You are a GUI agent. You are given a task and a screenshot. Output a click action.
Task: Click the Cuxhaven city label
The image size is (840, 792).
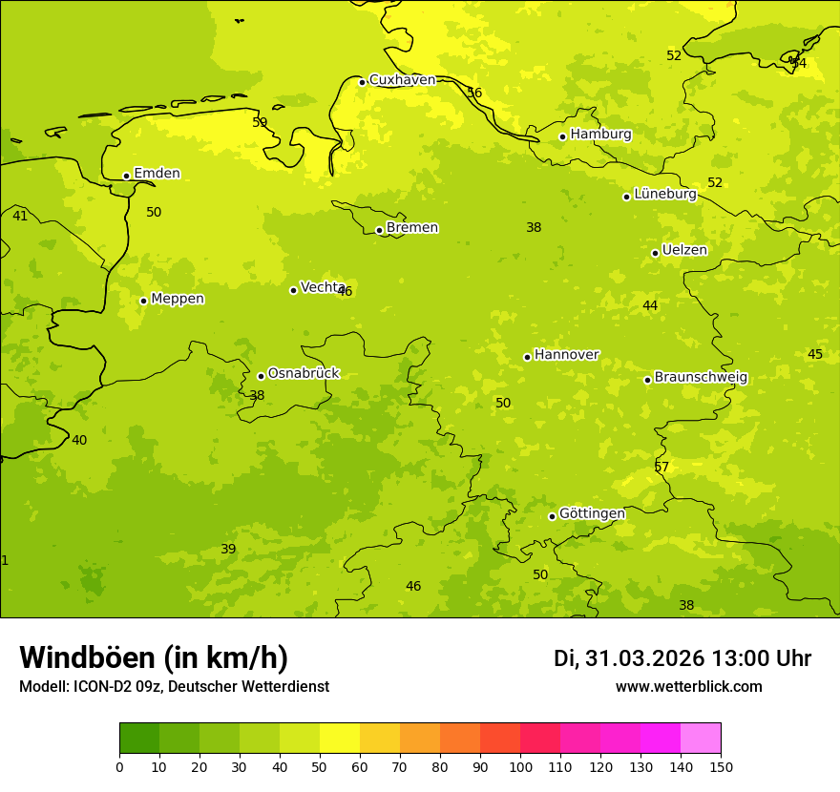(402, 80)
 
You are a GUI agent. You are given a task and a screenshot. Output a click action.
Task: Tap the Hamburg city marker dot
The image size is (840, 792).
(563, 136)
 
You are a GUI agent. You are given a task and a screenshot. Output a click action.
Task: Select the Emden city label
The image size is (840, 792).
(157, 174)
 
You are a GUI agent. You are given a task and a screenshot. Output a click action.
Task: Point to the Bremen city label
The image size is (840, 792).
(412, 228)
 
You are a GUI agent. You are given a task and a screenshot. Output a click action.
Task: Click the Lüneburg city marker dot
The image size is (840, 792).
(627, 197)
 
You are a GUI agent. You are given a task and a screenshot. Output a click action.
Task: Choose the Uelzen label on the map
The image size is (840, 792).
(684, 251)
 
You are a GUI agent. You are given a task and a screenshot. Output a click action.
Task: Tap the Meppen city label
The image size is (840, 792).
(178, 299)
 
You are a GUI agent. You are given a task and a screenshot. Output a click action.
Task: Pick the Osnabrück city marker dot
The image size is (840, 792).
(261, 376)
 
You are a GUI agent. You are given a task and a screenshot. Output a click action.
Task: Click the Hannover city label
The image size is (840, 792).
(566, 355)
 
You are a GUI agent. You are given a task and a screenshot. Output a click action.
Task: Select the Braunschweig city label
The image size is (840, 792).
(701, 378)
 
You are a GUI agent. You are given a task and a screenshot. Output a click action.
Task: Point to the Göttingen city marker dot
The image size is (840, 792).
(552, 516)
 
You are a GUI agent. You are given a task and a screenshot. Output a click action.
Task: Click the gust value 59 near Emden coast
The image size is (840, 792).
(260, 122)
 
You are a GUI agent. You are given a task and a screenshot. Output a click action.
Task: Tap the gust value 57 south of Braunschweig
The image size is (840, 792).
(661, 467)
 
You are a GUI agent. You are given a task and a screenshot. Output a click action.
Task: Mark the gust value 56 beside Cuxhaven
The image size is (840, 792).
(474, 93)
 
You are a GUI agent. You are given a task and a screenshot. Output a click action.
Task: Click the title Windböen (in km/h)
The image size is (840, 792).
(154, 657)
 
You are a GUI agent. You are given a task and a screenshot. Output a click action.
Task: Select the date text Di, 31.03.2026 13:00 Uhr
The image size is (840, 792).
(682, 658)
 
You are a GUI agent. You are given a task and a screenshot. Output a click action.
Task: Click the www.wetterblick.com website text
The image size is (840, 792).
(688, 687)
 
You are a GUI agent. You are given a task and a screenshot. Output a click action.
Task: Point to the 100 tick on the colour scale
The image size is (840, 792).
(520, 766)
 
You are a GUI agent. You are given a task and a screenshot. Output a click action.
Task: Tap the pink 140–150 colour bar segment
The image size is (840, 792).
(701, 739)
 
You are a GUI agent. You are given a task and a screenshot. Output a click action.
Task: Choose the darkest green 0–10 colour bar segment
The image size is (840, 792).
(139, 739)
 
